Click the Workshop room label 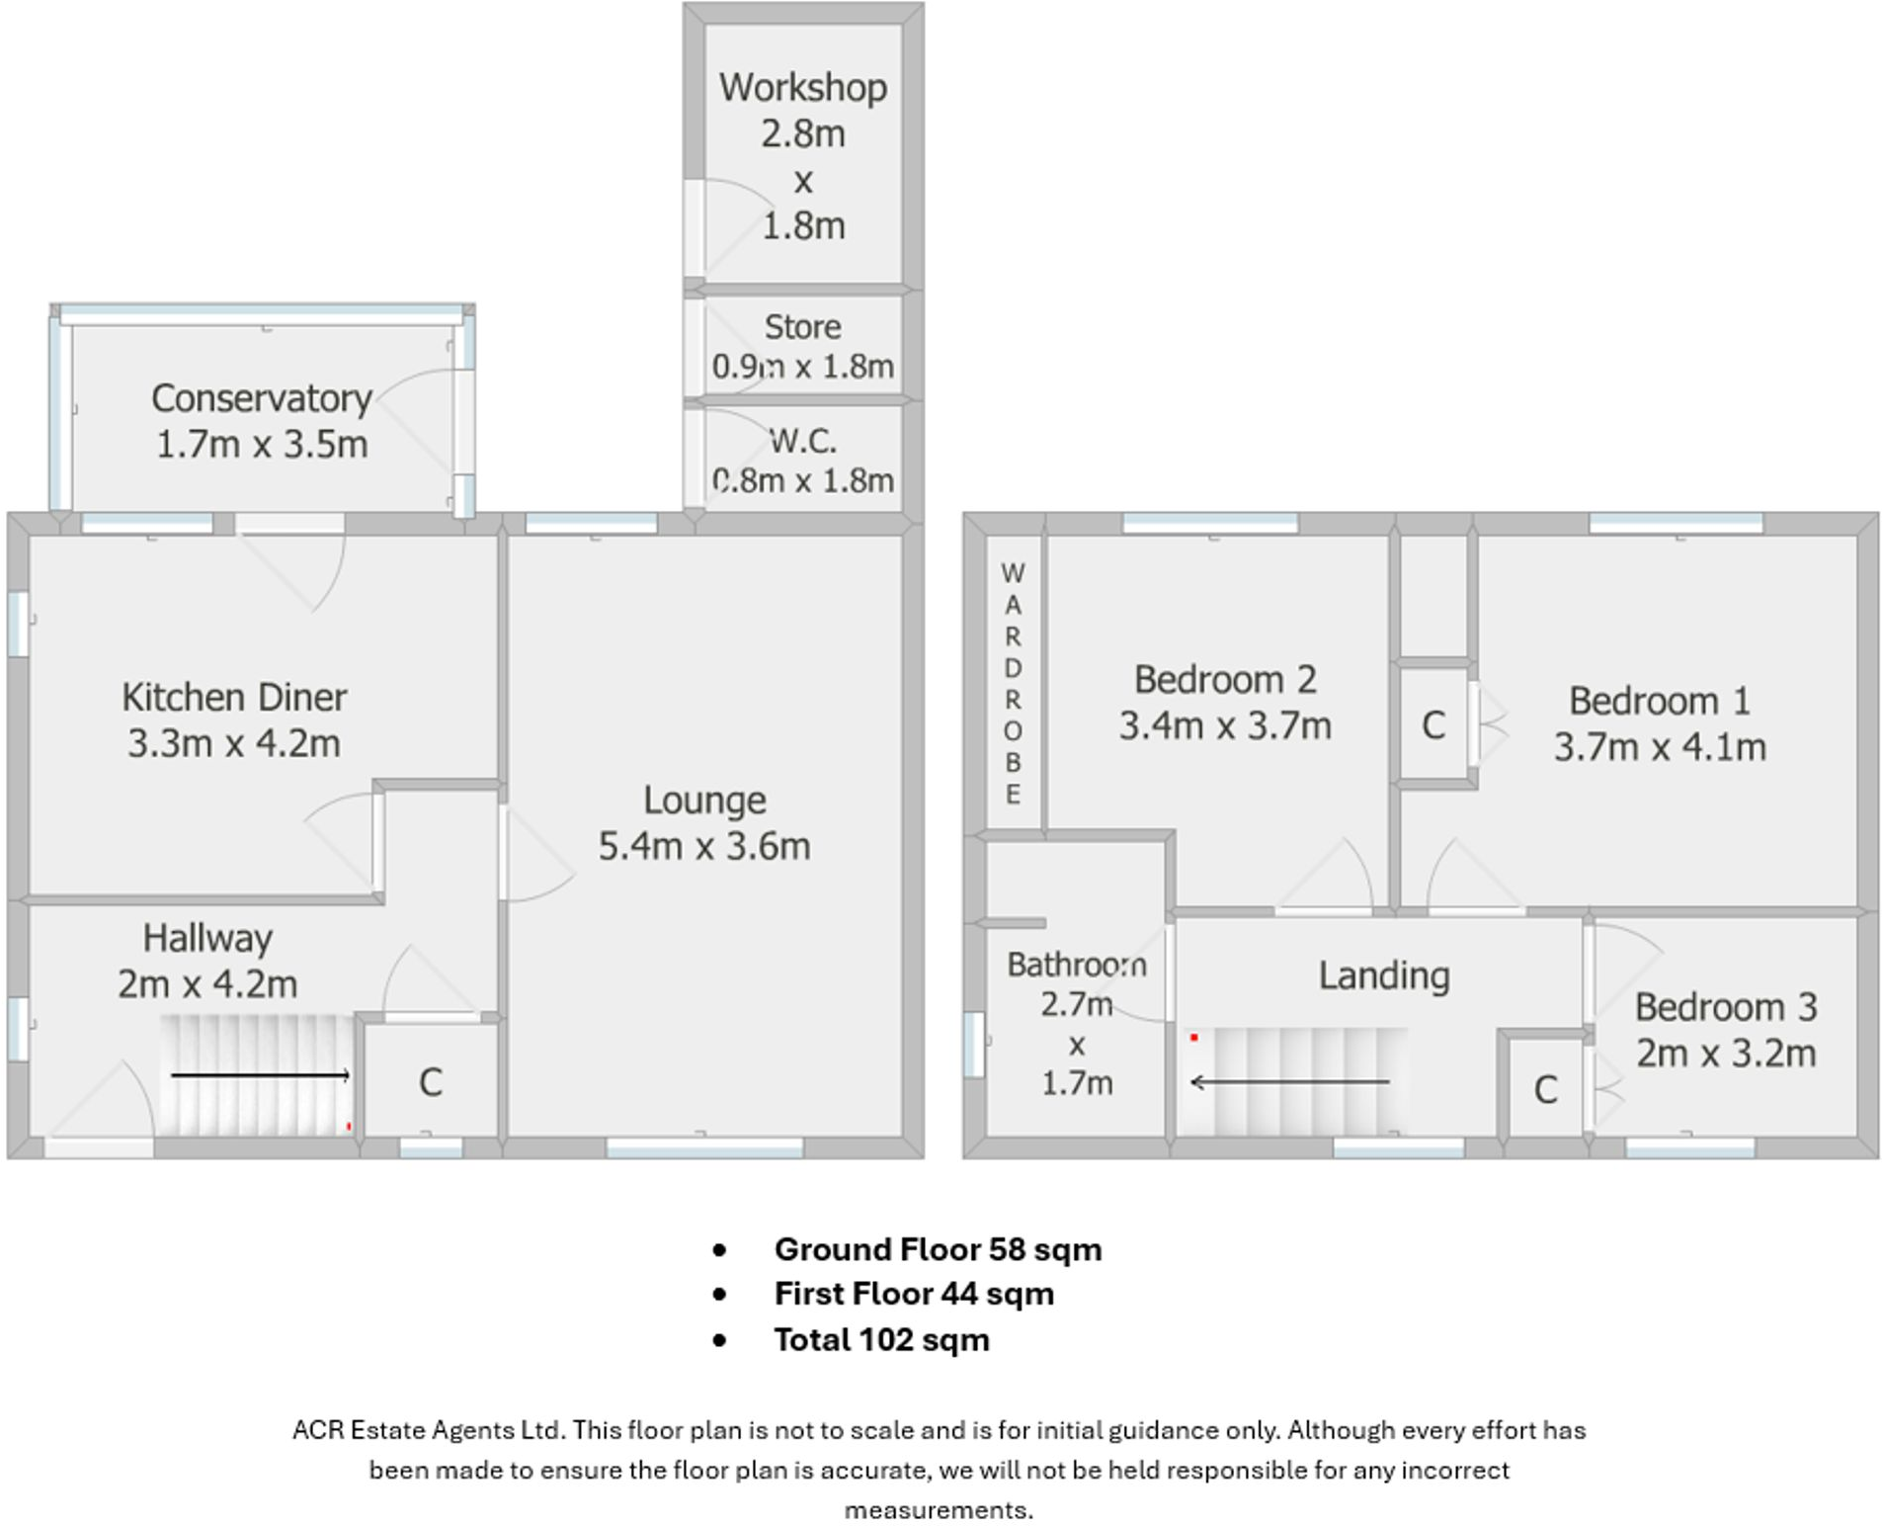click(802, 87)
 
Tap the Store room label click(802, 326)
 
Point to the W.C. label click(802, 441)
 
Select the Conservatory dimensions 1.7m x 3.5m click(262, 444)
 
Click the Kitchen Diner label click(234, 697)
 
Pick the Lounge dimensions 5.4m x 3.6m click(704, 846)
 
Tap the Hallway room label click(207, 938)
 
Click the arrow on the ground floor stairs click(261, 1075)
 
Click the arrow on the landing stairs click(1289, 1082)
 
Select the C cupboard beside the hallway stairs click(430, 1082)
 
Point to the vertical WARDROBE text click(1013, 683)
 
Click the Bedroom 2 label click(1225, 679)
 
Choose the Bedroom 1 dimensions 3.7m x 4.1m click(1660, 746)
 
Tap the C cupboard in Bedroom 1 click(1433, 725)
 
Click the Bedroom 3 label click(1726, 1007)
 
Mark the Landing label click(1384, 975)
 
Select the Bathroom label click(1077, 964)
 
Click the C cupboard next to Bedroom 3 click(1546, 1089)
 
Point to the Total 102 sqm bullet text click(881, 1340)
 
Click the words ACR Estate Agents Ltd click(428, 1430)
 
